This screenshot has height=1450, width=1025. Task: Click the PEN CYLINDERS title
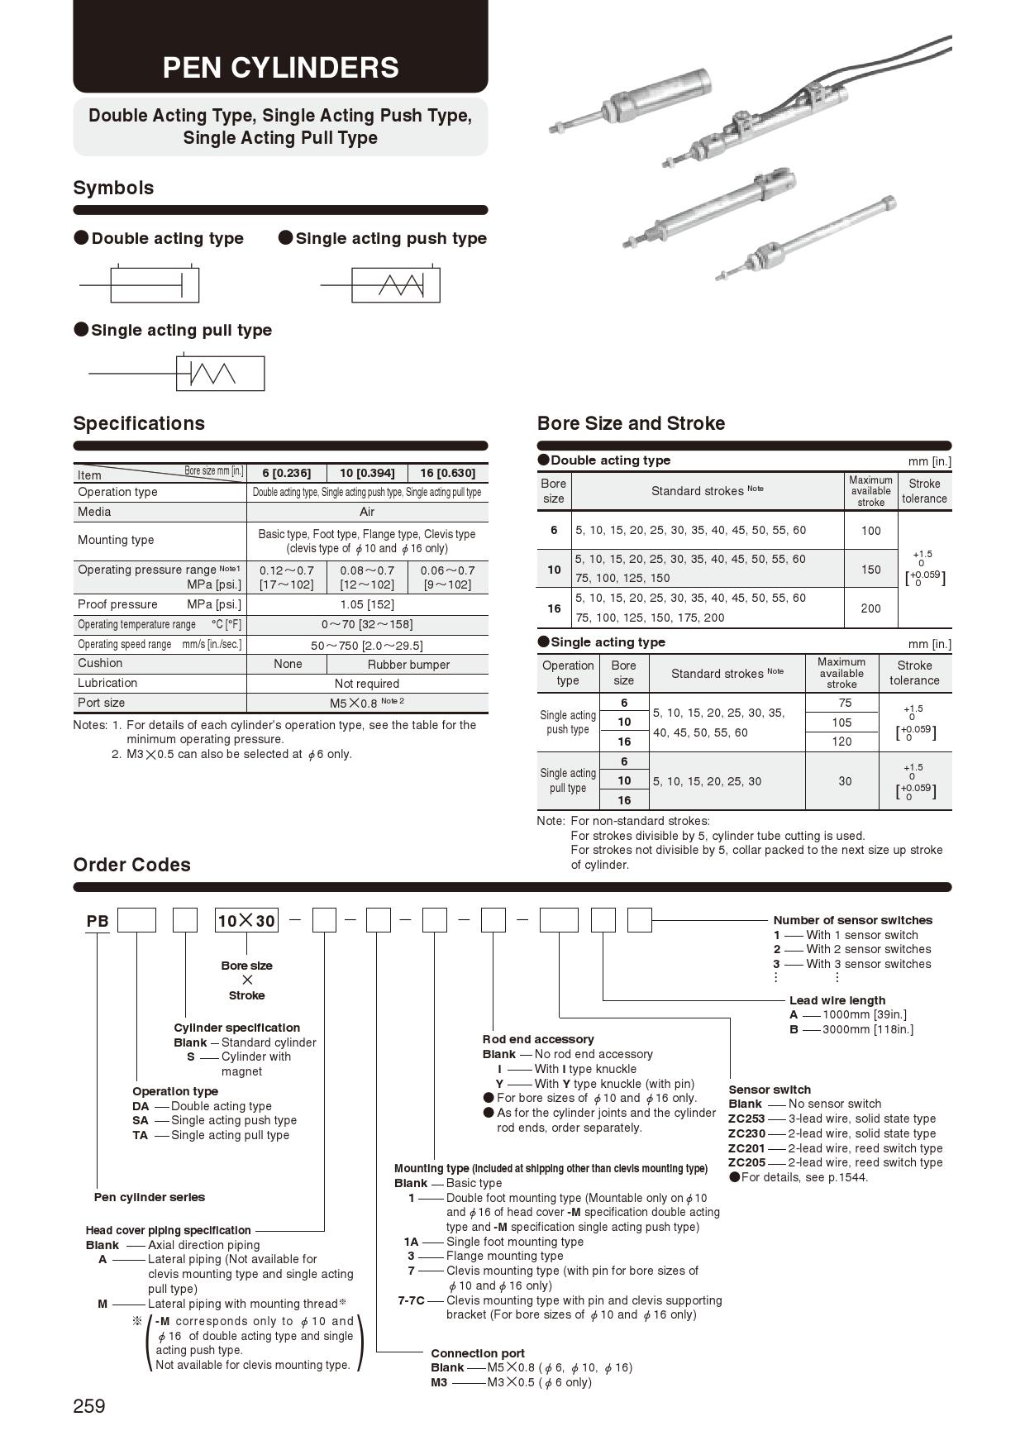coord(280,67)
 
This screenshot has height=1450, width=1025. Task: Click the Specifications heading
coord(139,423)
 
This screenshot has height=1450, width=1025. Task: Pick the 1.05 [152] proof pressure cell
coord(367,604)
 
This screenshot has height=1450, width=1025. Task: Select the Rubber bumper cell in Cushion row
coord(408,665)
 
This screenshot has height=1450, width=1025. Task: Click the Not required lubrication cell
coord(367,684)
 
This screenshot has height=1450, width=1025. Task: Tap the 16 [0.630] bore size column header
coord(447,473)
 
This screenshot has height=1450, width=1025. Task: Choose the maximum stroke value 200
coord(871,608)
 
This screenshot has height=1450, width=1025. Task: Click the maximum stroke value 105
coord(841,722)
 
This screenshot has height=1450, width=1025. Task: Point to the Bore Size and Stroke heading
coord(631,423)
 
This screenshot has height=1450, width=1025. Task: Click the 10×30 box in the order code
coord(246,921)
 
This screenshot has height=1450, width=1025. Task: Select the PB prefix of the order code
coord(98,921)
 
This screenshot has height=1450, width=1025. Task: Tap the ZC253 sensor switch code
coord(746,1119)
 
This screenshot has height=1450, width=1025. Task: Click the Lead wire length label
coord(837,1000)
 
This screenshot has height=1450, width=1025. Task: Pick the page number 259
coord(89,1406)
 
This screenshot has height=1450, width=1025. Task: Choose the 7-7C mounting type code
coord(411,1300)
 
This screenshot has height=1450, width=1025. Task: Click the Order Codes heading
coord(131,865)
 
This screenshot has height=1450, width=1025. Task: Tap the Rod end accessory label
coord(538,1039)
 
